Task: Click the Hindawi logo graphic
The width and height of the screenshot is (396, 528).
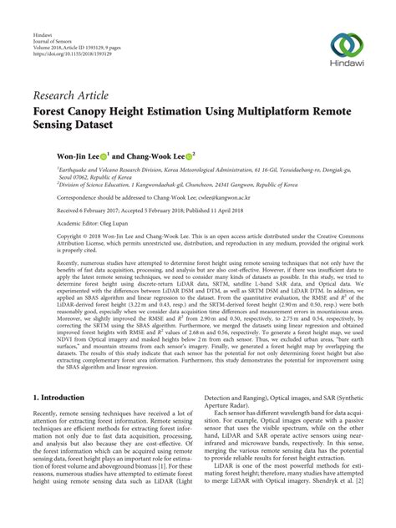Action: coord(347,45)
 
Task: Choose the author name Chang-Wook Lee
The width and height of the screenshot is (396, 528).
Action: coord(155,155)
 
